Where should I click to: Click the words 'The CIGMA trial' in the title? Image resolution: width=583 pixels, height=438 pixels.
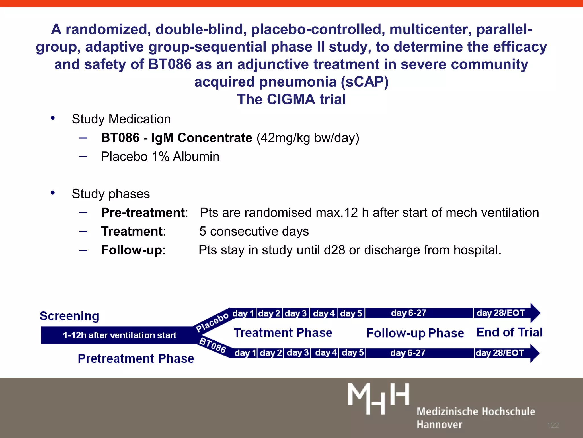pos(291,99)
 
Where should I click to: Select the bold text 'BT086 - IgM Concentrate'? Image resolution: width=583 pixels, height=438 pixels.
pos(176,138)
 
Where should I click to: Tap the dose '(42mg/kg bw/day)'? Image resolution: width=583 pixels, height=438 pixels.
pos(308,138)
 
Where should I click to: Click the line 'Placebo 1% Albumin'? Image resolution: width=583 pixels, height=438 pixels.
pos(160,157)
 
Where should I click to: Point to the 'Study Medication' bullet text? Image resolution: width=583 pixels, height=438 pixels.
pos(121,119)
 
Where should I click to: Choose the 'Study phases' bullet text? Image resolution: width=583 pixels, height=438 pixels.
pos(111,194)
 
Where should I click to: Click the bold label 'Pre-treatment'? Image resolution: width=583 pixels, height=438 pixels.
pos(143,213)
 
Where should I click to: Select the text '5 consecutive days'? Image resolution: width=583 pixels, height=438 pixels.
pos(254,231)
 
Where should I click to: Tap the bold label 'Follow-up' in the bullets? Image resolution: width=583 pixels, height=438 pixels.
pos(132,250)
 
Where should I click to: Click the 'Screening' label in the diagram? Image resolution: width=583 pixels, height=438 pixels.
pos(69,316)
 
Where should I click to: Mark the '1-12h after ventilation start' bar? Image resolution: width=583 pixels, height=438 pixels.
pos(120,335)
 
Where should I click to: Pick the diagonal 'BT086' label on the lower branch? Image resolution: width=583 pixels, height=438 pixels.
pos(213,345)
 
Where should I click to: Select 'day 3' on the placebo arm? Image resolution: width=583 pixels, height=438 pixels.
pos(295,313)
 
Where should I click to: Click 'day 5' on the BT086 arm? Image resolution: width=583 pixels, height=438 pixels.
pos(353,353)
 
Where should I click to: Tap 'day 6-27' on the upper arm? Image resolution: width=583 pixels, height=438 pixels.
pos(408,313)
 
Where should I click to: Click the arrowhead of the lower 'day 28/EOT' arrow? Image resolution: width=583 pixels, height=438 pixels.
pos(535,353)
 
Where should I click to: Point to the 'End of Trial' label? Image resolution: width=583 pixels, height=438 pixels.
pos(509,332)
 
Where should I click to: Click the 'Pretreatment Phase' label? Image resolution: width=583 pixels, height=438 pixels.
pos(136,358)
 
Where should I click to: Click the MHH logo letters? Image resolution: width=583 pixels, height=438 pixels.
pos(379,398)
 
